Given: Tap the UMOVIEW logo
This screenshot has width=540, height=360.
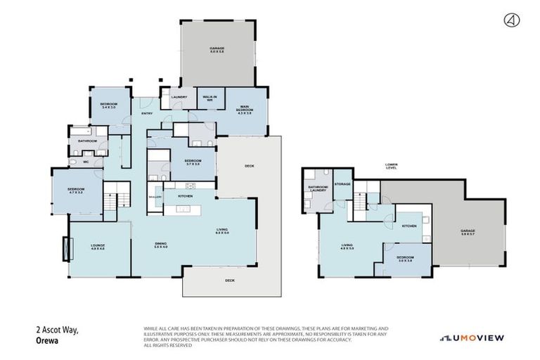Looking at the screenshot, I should [472, 338].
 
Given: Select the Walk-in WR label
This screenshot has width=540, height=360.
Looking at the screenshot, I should [210, 98].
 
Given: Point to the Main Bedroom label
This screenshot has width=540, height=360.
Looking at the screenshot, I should [245, 108].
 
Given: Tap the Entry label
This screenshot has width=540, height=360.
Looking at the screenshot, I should [147, 113].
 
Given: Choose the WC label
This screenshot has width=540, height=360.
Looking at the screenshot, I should [86, 162].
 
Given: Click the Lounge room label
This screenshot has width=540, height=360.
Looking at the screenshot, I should [97, 247].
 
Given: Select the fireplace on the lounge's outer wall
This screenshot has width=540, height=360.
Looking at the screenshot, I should [67, 248].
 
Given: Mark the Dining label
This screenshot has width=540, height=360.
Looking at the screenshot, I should [161, 245].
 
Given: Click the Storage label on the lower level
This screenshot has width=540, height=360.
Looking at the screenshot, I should [342, 184].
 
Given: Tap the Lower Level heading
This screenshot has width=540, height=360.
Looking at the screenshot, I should [392, 167].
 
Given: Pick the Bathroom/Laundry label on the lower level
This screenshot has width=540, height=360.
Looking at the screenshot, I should [317, 189].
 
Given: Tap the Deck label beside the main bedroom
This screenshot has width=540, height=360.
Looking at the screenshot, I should [249, 166].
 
